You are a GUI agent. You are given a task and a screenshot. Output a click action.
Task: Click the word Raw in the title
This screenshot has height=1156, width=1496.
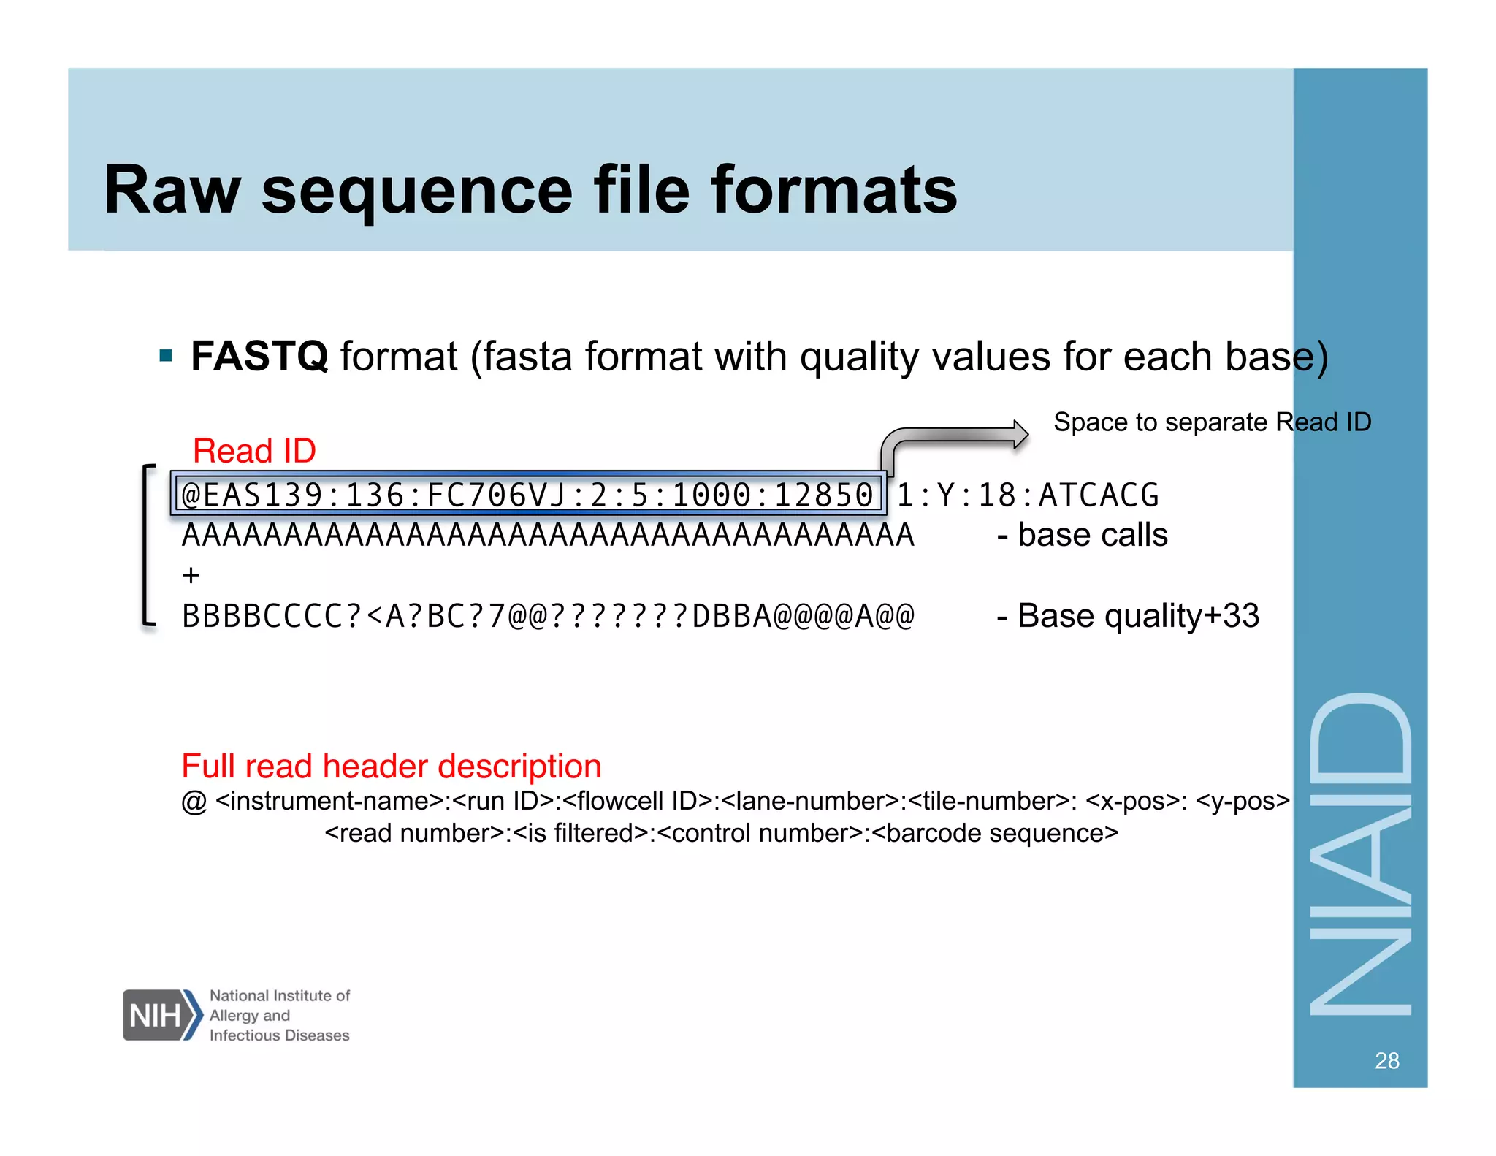172,191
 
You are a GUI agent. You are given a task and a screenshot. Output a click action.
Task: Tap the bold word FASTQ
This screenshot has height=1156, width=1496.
259,357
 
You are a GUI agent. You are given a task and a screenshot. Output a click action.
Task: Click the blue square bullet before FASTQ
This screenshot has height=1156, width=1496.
166,357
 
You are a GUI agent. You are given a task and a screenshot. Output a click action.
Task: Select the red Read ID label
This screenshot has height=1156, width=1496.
254,451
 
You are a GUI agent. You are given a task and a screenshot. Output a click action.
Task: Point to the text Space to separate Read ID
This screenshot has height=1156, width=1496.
1212,422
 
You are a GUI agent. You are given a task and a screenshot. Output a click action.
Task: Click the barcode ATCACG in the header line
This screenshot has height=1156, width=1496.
1099,495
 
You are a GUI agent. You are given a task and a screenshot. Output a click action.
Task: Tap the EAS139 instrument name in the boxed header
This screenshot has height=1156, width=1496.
262,495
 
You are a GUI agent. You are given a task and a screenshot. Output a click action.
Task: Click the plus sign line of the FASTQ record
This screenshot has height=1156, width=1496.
191,576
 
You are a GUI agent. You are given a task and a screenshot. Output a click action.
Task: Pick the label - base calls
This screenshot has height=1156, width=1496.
1083,535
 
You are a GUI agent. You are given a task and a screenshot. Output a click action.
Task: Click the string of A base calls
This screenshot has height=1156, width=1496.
548,536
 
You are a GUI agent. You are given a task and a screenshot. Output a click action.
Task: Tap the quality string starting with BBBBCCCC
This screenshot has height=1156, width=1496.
548,617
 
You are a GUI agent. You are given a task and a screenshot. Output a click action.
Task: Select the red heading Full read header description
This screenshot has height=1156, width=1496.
392,767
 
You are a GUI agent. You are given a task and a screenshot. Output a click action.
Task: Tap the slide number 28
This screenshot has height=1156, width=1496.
1386,1061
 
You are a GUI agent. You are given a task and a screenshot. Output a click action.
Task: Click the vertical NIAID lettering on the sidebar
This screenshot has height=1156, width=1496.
1360,855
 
